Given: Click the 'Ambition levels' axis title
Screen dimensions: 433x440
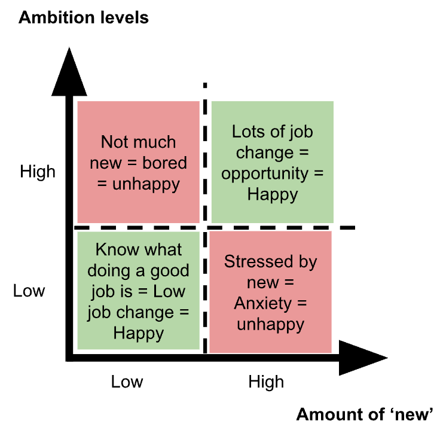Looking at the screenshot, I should tap(84, 17).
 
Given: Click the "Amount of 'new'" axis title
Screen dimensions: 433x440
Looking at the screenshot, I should tap(364, 414).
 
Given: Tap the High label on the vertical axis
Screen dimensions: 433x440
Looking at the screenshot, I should tap(38, 172).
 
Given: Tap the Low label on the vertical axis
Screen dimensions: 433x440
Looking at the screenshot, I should tap(29, 291).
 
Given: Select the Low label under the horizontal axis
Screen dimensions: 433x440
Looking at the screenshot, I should tap(127, 382).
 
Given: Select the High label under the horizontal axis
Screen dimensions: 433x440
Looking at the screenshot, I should tap(266, 382).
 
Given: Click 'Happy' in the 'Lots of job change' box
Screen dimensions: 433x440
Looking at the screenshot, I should tap(272, 194).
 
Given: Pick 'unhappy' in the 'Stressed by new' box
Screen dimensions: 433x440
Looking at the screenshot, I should tap(271, 325).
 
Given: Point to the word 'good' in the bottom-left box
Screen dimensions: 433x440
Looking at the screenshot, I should tap(169, 271).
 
